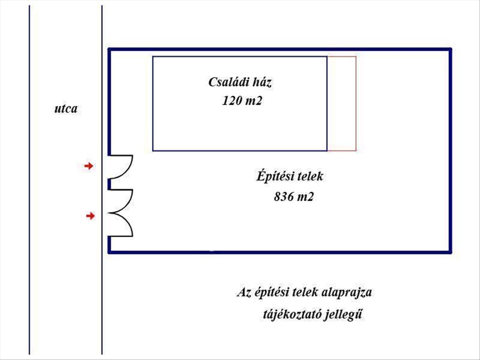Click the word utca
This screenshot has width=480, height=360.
(66, 109)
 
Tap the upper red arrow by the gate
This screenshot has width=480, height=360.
(88, 166)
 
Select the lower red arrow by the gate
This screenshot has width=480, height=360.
(91, 216)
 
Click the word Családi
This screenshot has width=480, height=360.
(226, 83)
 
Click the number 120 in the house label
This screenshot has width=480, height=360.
(232, 101)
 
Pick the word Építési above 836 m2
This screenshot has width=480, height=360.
(272, 176)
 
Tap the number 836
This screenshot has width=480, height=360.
(283, 197)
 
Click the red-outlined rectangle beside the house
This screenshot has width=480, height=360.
(342, 104)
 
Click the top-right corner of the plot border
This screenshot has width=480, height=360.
(450, 50)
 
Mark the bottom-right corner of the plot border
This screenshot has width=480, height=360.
(450, 252)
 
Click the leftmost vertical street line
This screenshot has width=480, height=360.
(30, 180)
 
